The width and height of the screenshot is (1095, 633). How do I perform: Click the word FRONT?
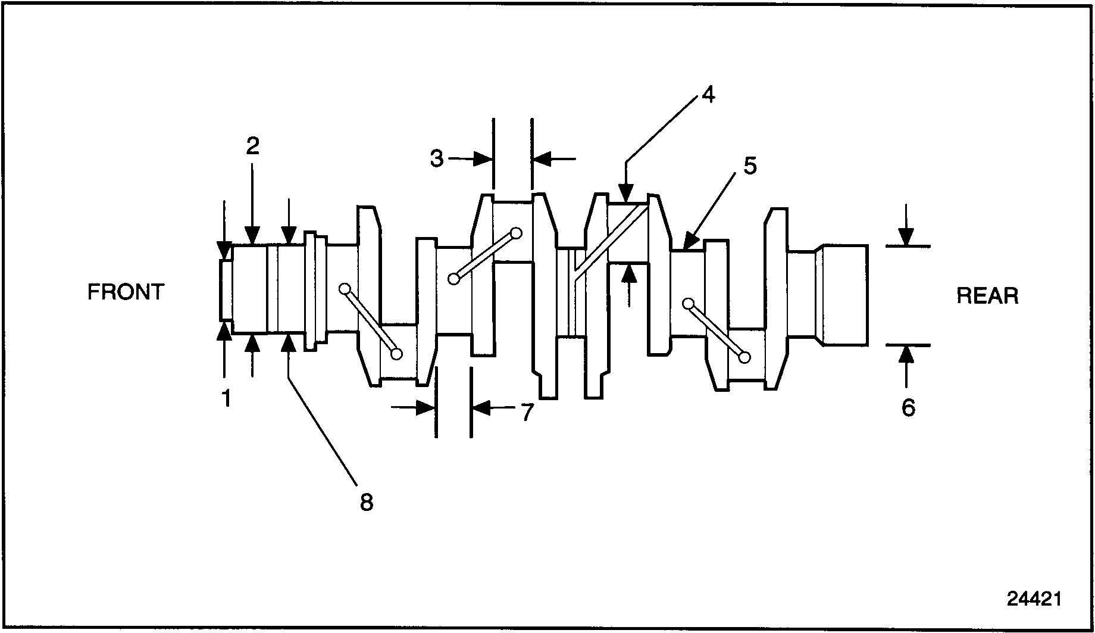[126, 292]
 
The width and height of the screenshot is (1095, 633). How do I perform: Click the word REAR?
[987, 296]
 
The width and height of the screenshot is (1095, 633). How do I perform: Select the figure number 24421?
[1034, 598]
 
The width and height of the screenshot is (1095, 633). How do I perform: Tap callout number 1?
[226, 398]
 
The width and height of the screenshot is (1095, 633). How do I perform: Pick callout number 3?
[437, 159]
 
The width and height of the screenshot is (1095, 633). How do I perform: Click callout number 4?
[708, 95]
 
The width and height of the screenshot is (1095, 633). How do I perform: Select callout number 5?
[750, 166]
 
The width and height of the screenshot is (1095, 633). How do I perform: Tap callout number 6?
[908, 408]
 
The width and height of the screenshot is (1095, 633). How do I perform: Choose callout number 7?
[527, 411]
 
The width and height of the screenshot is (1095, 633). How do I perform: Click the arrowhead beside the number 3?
[484, 158]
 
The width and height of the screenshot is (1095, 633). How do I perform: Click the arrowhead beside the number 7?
[481, 408]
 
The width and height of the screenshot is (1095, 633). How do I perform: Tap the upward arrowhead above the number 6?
[906, 354]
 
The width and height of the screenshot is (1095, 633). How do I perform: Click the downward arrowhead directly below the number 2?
[252, 236]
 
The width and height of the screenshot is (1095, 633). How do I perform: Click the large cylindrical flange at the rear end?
[844, 294]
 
